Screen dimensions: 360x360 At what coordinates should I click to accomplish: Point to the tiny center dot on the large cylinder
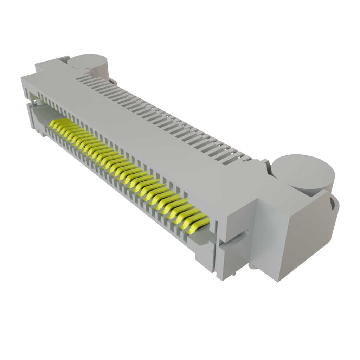pyautogui.click(x=303, y=171)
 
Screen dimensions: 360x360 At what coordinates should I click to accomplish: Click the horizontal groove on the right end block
pyautogui.click(x=235, y=238)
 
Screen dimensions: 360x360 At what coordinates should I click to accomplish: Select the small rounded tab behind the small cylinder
pyautogui.click(x=114, y=82)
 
